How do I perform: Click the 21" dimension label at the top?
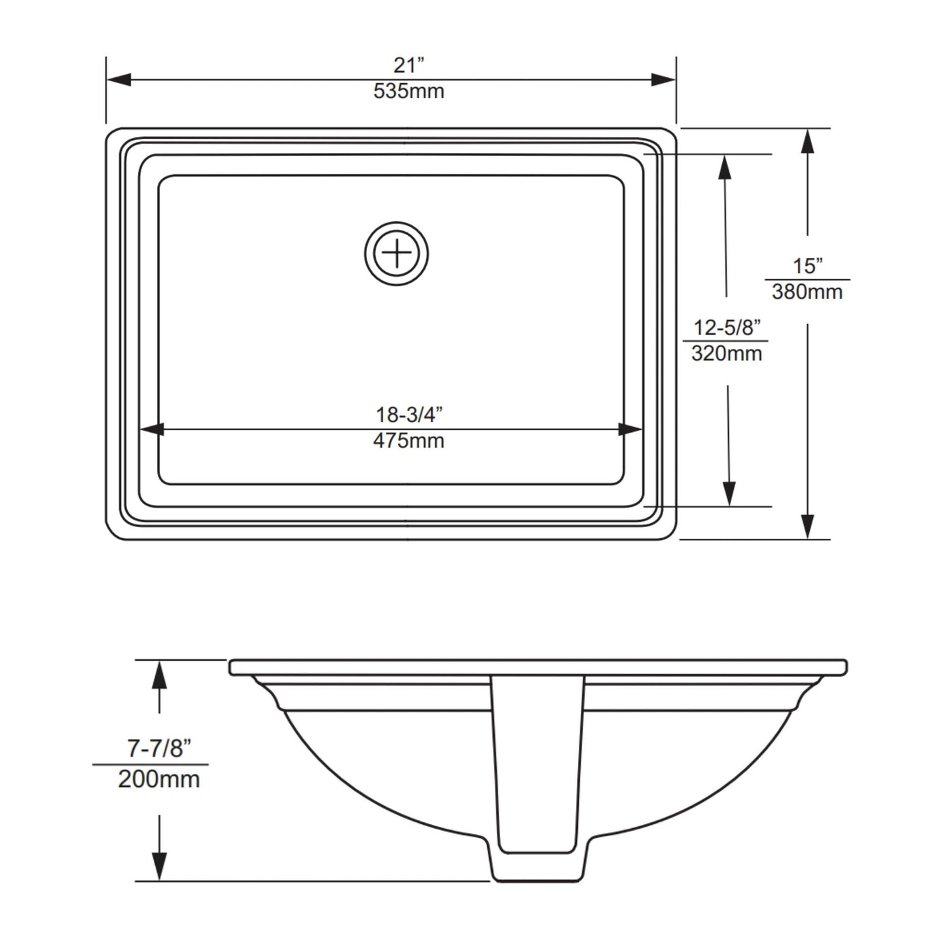(409, 65)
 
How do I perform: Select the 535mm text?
(409, 91)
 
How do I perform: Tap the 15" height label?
(807, 266)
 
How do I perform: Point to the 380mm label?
(807, 291)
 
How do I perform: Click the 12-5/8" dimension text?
(727, 327)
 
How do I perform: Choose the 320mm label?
(727, 354)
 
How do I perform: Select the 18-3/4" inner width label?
(409, 414)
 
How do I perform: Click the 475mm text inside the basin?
(409, 441)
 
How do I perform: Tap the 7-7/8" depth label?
(158, 748)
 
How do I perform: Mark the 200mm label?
(158, 779)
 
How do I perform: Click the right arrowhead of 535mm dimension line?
(663, 80)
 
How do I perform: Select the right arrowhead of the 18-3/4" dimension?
(630, 429)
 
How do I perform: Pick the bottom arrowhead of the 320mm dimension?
(727, 494)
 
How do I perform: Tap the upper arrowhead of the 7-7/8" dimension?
(159, 674)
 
